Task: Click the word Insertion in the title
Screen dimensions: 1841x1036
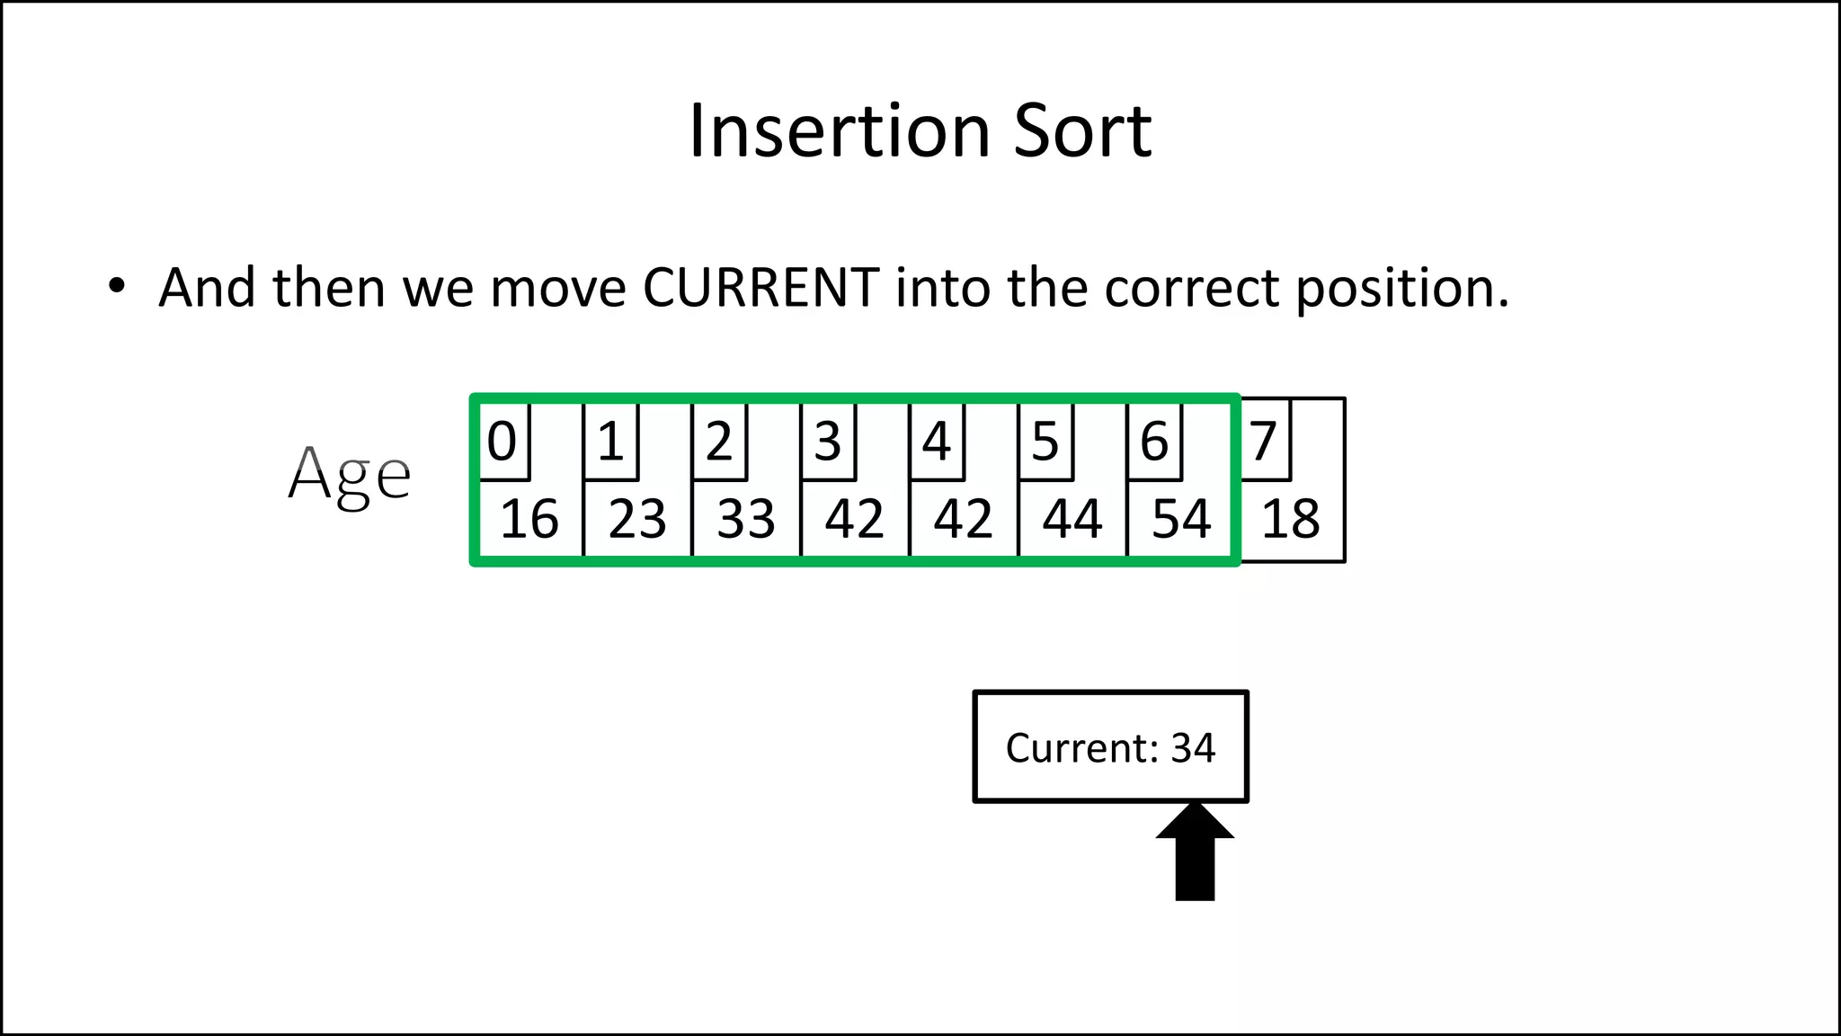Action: [840, 131]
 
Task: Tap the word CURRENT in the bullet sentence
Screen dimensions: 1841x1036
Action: [760, 288]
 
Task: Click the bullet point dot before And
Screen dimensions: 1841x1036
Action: [117, 287]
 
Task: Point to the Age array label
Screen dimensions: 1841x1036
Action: [349, 475]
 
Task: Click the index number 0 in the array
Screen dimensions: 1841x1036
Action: [502, 442]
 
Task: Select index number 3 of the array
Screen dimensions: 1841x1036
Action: [827, 442]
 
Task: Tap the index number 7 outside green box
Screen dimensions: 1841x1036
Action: [1263, 442]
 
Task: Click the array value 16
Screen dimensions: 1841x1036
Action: [529, 519]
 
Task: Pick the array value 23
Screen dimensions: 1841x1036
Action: [637, 519]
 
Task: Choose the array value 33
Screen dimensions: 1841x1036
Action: [746, 519]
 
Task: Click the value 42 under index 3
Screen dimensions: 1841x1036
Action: [854, 519]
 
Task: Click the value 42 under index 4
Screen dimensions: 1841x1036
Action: [963, 519]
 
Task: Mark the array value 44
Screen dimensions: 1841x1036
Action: [1072, 519]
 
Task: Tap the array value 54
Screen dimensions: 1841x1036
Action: [1181, 519]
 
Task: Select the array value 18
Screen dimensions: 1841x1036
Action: [1291, 519]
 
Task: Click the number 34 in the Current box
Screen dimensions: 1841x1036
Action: [1193, 748]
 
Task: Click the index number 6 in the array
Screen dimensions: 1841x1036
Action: [1154, 442]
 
